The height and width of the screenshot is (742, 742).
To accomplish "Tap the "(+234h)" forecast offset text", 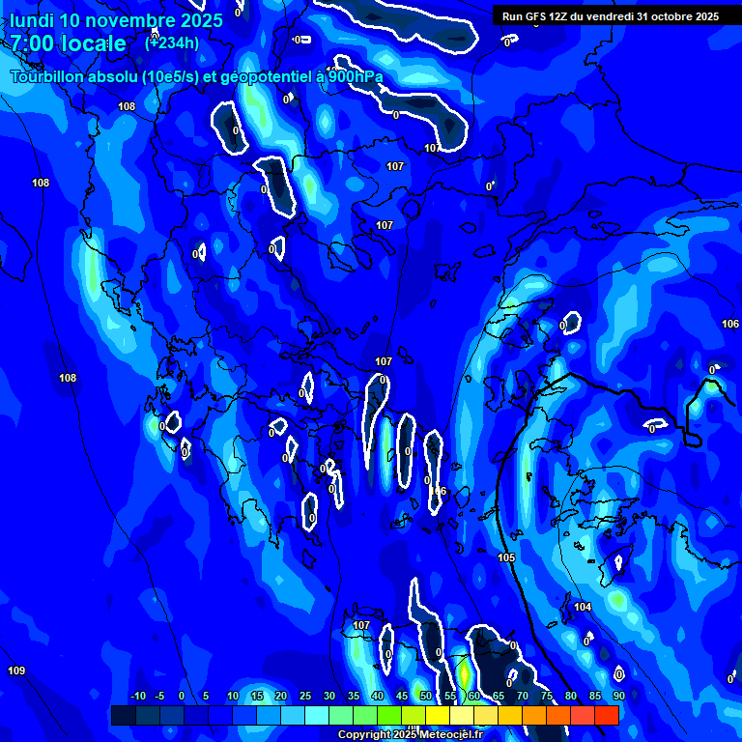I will click(172, 43).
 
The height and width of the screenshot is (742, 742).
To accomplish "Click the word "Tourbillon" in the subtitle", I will click(50, 77).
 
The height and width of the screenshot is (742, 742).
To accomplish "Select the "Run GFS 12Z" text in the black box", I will click(534, 16).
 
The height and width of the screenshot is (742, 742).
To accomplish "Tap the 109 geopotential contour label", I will click(16, 671).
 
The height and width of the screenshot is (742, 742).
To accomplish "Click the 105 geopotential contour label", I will click(506, 557).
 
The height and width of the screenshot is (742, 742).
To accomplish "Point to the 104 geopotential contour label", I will click(582, 607).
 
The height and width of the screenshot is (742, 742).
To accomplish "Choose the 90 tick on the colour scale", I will click(618, 696).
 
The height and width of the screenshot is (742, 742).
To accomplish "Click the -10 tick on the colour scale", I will click(137, 696).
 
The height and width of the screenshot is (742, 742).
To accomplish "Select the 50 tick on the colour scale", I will click(425, 696).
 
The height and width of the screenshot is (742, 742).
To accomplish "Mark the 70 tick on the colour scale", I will click(522, 696).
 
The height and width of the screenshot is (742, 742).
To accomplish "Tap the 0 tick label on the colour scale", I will click(182, 696).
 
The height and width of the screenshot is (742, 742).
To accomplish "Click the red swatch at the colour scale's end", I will click(607, 715).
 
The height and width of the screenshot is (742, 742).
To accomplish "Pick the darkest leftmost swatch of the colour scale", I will click(123, 715).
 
